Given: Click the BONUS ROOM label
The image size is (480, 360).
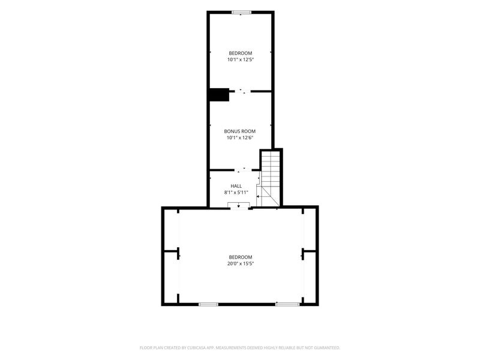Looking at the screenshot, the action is tap(239, 131).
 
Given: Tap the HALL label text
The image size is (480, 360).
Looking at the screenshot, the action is tap(236, 186).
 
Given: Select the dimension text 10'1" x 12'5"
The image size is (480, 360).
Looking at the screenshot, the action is tap(241, 60).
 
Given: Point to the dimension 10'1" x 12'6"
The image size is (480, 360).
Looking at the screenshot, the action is tap(239, 138).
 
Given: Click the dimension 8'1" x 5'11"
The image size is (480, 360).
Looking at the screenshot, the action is tap(236, 193).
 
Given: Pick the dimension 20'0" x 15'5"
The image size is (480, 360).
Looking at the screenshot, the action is tap(241, 264).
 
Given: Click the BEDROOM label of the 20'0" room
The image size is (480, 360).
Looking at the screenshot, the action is tap(241, 257).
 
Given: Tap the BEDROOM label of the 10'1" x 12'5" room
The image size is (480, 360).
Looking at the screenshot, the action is tap(241, 53).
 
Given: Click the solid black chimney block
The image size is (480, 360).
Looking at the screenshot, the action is tap(219, 95).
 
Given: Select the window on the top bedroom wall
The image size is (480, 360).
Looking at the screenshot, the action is tap(242, 13).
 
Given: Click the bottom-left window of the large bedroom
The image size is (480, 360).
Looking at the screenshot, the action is tap(208, 304).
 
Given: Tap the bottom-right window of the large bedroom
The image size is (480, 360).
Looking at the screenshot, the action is tap(287, 304).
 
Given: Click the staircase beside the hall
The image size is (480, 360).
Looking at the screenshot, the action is tap(271, 178).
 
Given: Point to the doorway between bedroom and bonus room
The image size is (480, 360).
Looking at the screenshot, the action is tap(240, 91).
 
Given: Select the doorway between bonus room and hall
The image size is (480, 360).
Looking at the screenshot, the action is tap(243, 169).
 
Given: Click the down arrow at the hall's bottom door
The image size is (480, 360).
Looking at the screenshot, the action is tap(238, 206).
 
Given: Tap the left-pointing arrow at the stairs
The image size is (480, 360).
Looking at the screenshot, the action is tap(259, 196).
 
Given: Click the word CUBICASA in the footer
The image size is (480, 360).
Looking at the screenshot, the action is tap(197, 348).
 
